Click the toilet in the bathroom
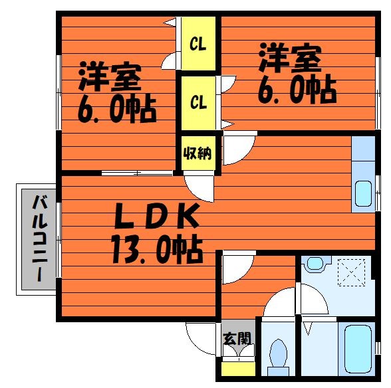pyautogui.click(x=278, y=355)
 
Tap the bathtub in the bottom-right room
pyautogui.click(x=358, y=349)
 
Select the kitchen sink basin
pyautogui.click(x=363, y=193)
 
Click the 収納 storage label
pyautogui.click(x=197, y=153)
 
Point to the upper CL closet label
pyautogui.click(x=197, y=45)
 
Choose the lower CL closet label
pyautogui.click(x=198, y=102)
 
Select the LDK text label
pyautogui.click(x=157, y=216)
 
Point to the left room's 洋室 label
pyautogui.click(x=110, y=77)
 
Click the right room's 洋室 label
pyautogui.click(x=290, y=58)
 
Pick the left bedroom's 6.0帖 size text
pyautogui.click(x=117, y=109)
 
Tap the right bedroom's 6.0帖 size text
pyautogui.click(x=297, y=90)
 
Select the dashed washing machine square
pyautogui.click(x=351, y=272)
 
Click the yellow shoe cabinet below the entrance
pyautogui.click(x=238, y=369)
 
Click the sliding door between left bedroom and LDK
pyautogui.click(x=137, y=173)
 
